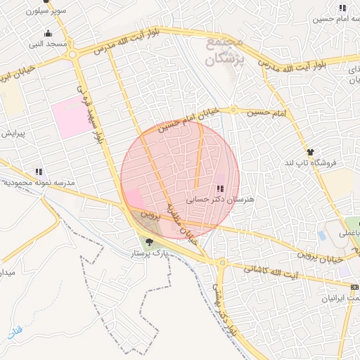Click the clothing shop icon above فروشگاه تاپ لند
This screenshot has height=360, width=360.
309,152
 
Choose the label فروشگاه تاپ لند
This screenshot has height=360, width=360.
314,163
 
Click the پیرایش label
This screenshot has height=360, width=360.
13,133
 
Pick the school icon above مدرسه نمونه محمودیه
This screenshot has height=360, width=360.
38,171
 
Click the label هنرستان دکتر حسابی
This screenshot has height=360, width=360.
219,200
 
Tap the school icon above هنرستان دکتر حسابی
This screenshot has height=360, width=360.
220,189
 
